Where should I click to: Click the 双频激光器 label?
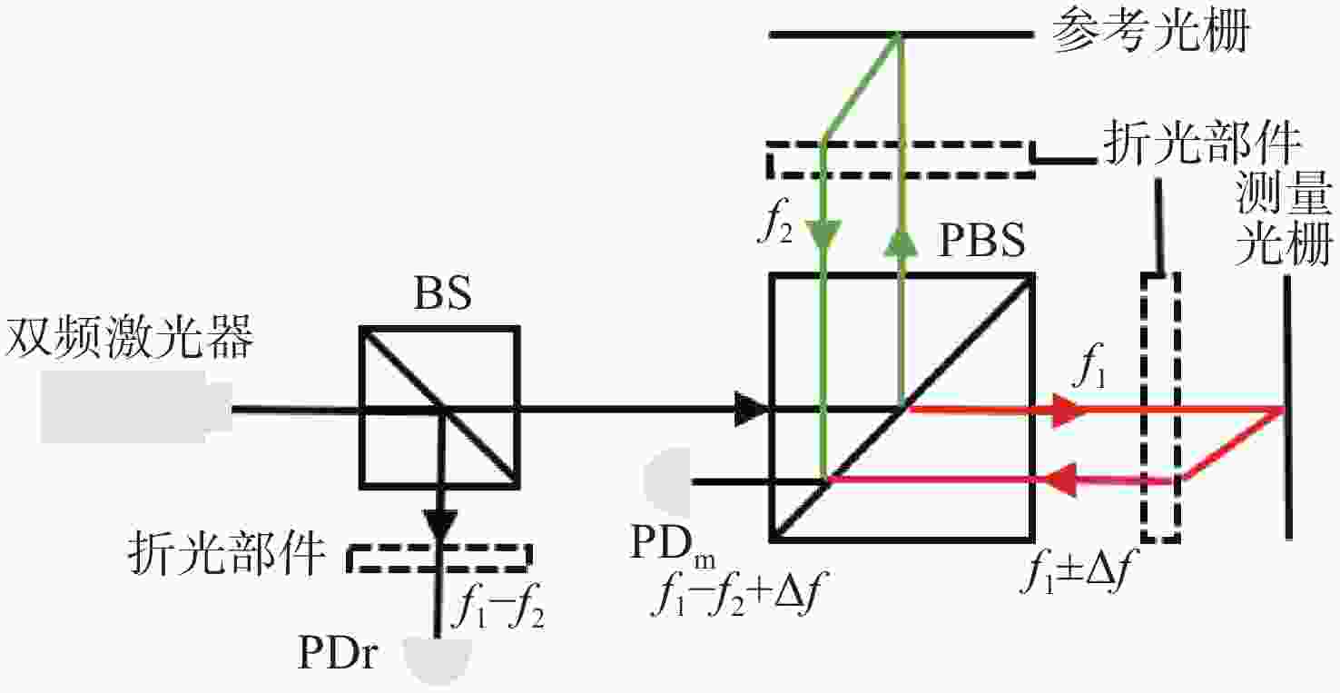point(130,338)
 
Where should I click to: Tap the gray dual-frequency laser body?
point(135,407)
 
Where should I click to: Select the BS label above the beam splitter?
point(443,292)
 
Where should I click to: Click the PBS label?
point(981,240)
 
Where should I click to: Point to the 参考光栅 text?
point(1150,30)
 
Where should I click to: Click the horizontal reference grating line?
point(902,35)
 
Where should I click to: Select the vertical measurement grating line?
point(1287,407)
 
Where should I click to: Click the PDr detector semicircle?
point(438,660)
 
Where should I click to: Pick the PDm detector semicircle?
point(667,481)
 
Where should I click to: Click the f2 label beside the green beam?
point(775,220)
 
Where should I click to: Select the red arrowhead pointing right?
point(1068,410)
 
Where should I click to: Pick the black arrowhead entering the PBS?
point(752,410)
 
